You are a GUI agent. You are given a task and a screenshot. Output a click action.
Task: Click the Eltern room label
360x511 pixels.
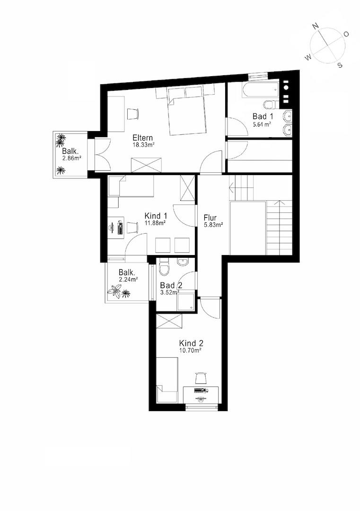142,138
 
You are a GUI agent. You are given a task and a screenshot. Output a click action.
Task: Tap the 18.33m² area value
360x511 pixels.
143,145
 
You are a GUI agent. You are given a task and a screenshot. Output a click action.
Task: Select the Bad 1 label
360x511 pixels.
263,116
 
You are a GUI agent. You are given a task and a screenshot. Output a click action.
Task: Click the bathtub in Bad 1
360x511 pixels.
260,89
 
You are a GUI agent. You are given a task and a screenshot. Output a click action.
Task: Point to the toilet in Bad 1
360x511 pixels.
270,105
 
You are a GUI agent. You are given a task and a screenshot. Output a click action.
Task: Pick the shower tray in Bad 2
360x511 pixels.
186,302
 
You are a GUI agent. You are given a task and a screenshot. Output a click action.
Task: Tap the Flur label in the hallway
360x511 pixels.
210,218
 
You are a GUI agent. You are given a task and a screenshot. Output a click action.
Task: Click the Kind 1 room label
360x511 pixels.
156,216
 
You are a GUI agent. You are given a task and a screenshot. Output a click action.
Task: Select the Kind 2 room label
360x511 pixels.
191,343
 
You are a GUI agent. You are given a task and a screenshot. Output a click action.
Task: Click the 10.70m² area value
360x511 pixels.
190,350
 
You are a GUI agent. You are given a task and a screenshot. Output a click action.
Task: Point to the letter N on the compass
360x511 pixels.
315,26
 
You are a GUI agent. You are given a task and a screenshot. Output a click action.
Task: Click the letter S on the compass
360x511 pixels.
340,65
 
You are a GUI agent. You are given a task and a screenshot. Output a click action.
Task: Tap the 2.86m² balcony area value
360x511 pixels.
72,159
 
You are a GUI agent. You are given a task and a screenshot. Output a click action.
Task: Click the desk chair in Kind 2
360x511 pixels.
201,378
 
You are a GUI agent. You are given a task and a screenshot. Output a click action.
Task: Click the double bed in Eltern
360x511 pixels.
187,111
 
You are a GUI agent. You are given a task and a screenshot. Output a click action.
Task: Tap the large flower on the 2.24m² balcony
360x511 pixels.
115,291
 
